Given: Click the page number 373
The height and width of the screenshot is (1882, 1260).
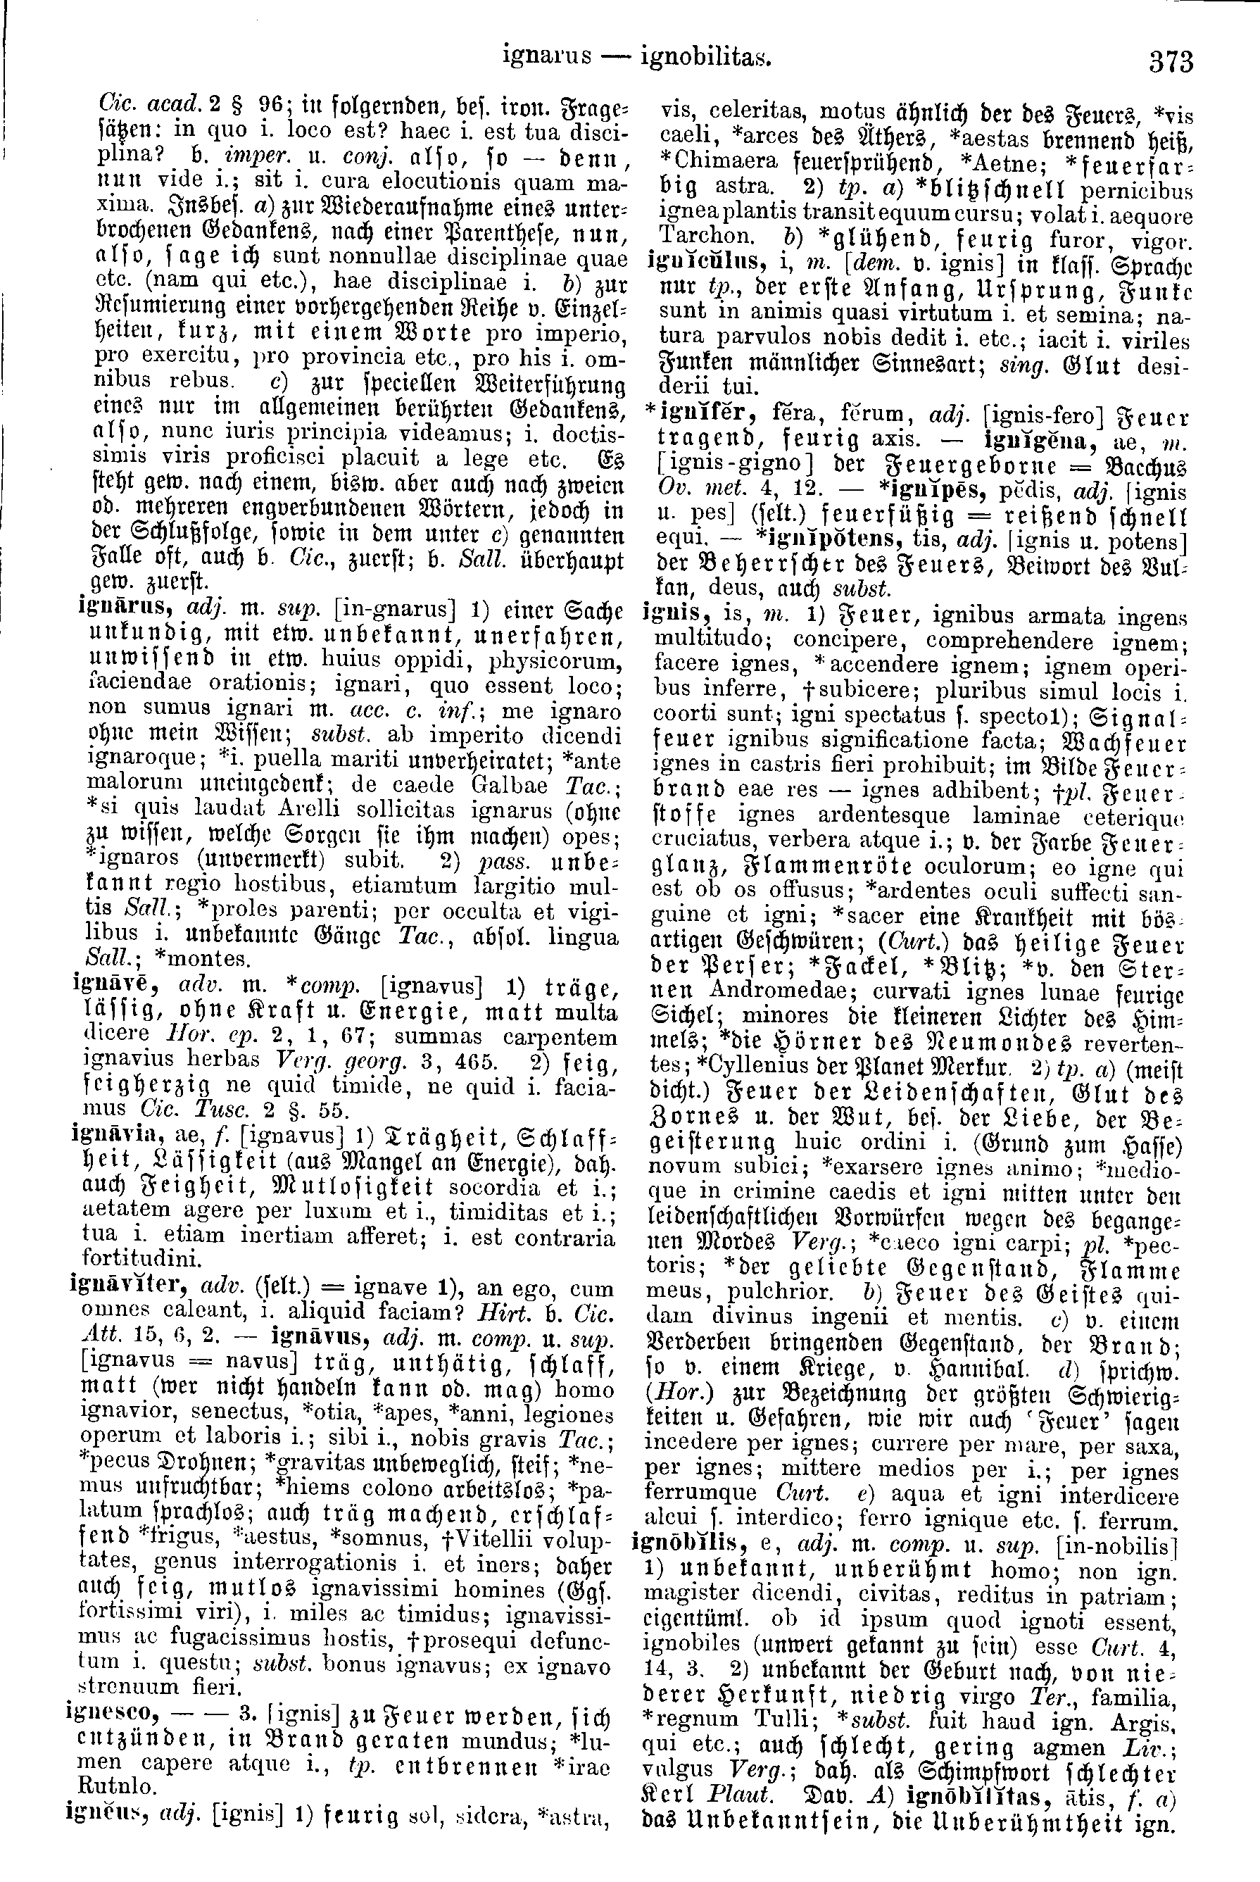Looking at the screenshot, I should pos(1171,61).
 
